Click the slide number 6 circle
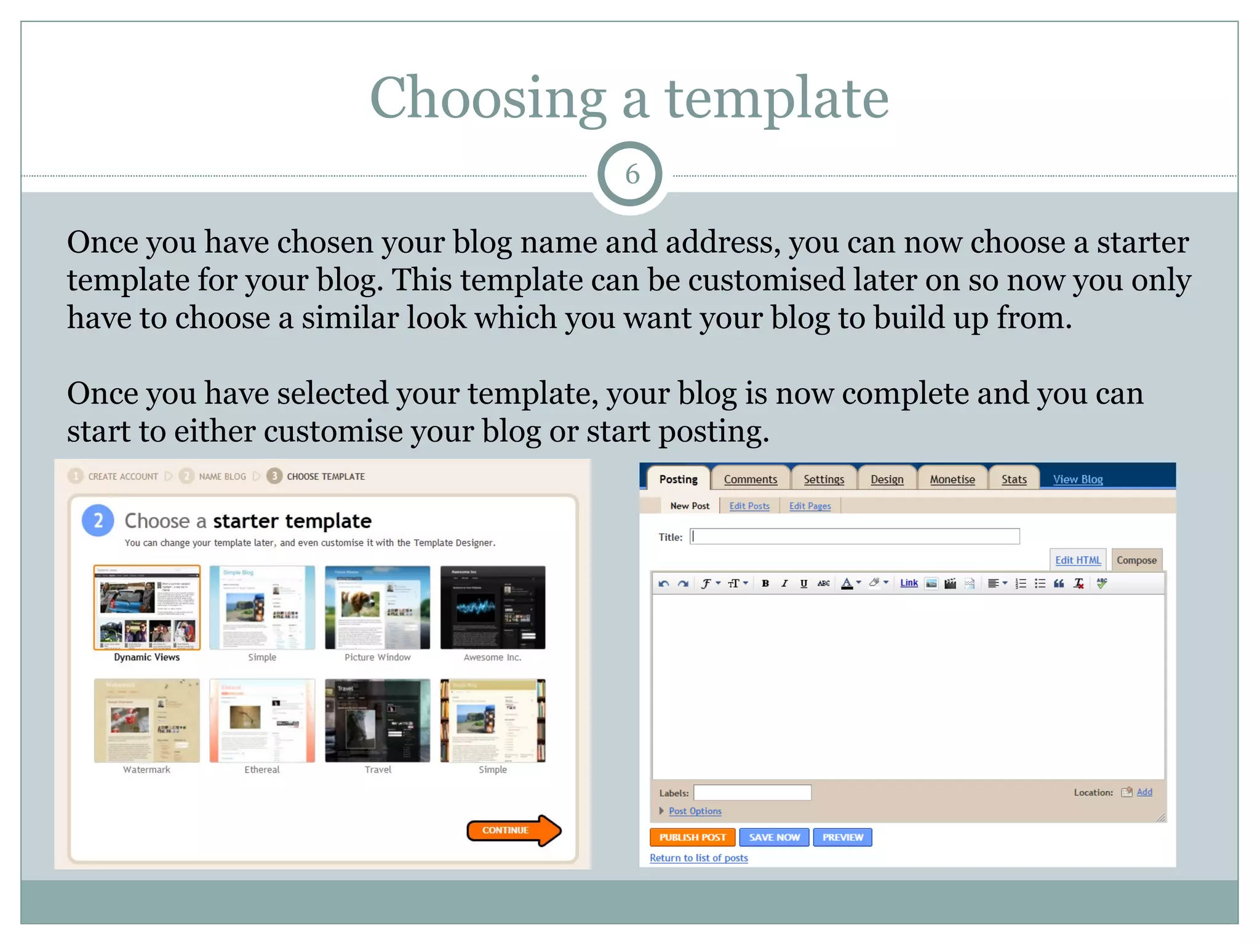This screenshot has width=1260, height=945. click(630, 174)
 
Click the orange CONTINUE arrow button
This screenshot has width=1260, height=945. click(512, 830)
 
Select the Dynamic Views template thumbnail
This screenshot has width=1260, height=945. click(147, 607)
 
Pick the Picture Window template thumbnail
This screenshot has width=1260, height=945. click(377, 607)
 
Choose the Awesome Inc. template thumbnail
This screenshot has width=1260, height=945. click(493, 607)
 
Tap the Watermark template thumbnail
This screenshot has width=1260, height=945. click(147, 720)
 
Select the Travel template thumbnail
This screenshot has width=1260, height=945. click(377, 720)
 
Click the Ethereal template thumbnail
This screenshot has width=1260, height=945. click(262, 720)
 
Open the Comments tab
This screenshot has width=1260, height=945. click(750, 479)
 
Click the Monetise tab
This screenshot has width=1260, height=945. click(952, 479)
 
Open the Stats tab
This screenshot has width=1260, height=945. click(1013, 479)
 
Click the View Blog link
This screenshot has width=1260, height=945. click(1077, 479)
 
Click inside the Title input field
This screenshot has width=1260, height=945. click(854, 536)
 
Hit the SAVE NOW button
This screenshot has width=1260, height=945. click(774, 837)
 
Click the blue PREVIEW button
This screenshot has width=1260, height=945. click(842, 837)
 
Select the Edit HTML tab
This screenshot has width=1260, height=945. click(1077, 560)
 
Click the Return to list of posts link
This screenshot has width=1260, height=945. click(698, 858)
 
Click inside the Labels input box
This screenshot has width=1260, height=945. click(752, 792)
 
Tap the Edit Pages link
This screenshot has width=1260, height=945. click(810, 506)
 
